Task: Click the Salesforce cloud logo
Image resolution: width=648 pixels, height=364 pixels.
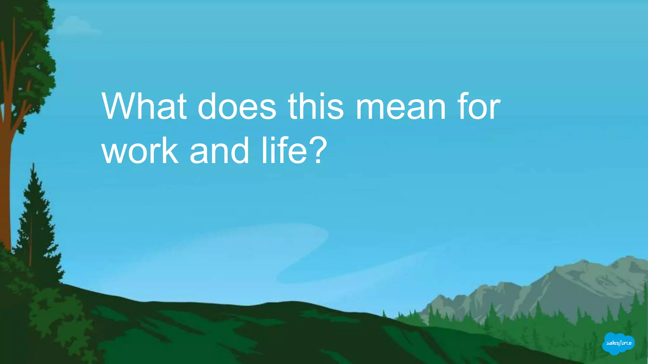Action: (x=618, y=343)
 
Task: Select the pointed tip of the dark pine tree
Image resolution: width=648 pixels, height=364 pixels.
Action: (x=34, y=165)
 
